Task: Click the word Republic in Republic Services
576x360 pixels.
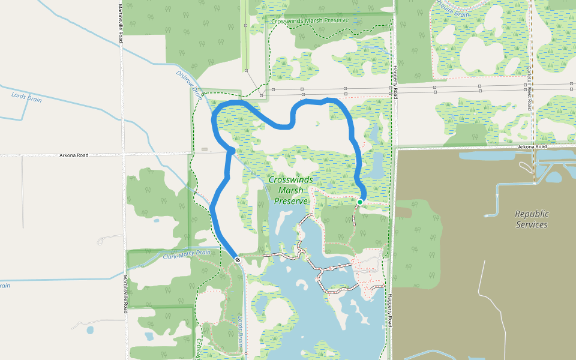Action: click(532, 214)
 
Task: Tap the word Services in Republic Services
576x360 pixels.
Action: click(531, 224)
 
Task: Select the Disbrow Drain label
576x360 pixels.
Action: click(189, 83)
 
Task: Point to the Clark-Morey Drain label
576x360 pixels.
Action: click(187, 255)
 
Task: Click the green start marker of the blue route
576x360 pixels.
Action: click(360, 202)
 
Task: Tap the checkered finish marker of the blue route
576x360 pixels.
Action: click(238, 260)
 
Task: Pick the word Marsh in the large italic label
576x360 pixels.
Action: click(290, 190)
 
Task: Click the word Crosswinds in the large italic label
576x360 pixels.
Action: click(290, 179)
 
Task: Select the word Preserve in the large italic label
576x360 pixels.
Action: click(291, 201)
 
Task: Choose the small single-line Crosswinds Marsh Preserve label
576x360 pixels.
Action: click(310, 20)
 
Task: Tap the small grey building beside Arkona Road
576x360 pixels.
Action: click(205, 149)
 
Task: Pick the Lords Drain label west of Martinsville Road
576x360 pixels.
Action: click(26, 97)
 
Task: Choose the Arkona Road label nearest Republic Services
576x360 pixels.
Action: click(532, 146)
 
